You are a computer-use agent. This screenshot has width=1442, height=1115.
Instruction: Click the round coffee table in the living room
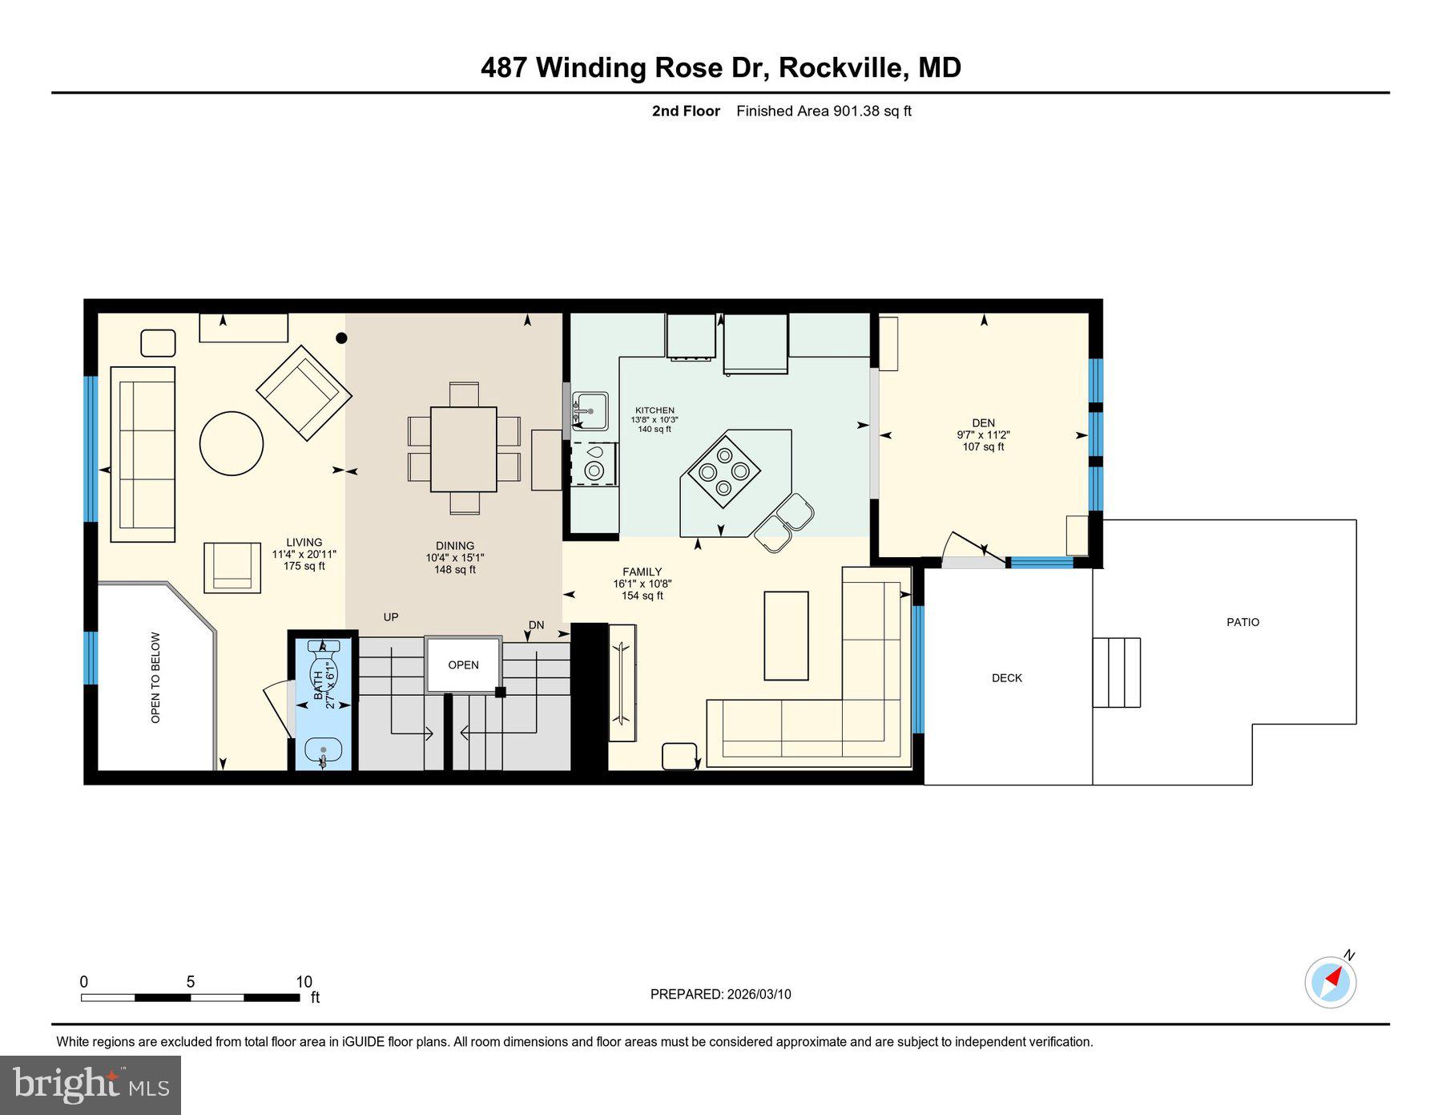point(232,443)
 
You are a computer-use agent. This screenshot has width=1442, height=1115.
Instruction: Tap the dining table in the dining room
point(463,449)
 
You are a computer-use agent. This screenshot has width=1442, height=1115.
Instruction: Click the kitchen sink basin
point(591,411)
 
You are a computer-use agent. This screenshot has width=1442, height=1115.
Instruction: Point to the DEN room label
point(983,423)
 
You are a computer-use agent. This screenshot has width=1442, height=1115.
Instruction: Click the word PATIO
point(1243,622)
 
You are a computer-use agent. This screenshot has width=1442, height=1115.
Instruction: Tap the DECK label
point(1007,678)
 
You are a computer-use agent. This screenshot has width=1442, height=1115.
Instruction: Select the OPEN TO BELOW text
point(155,678)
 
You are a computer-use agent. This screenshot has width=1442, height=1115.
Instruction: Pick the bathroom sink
point(323,751)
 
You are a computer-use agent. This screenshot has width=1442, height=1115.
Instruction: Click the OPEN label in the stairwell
point(463,665)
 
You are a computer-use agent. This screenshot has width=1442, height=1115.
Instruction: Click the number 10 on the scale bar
point(304,982)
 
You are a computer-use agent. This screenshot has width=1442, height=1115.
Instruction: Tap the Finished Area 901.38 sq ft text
point(824,111)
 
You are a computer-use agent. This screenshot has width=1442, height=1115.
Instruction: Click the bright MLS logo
point(91,1085)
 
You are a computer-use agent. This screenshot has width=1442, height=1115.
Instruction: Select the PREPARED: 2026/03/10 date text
point(720,994)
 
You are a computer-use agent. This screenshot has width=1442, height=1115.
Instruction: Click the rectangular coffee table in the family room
point(786,636)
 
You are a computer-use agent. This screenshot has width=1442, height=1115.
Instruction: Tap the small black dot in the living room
point(341,338)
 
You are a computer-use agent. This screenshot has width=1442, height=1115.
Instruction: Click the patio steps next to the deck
point(1117,673)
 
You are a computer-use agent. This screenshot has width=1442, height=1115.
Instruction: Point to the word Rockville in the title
point(842,67)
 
